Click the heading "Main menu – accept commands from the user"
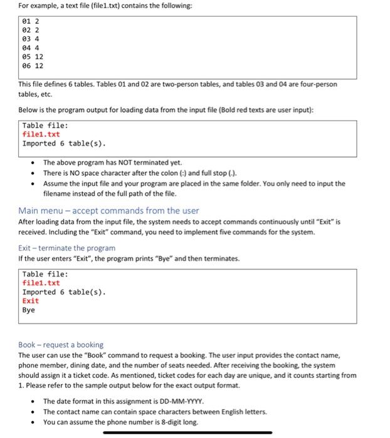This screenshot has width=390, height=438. point(108,210)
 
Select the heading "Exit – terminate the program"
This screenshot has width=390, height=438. point(66,248)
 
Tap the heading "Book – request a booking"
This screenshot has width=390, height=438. point(61,345)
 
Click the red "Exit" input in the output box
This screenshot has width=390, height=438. point(31,301)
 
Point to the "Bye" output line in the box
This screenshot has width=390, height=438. point(29,310)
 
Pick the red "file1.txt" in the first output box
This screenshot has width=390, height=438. point(41,135)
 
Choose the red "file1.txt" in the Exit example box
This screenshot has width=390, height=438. point(41,283)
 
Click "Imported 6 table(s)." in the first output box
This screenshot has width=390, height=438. point(64,143)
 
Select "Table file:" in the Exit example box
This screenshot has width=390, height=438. point(45,275)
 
